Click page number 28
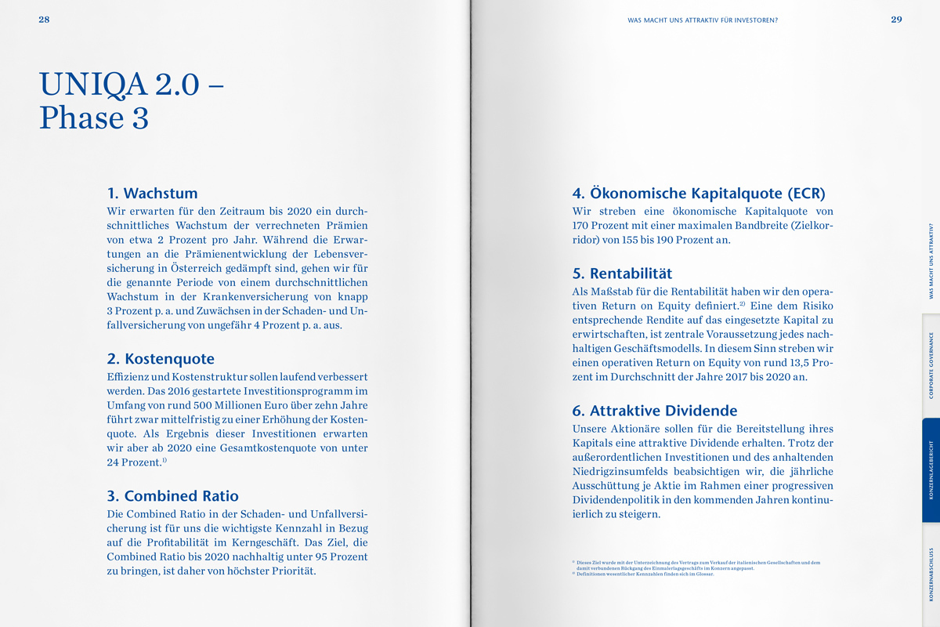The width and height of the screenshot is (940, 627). click(x=44, y=20)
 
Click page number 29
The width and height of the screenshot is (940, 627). click(x=896, y=20)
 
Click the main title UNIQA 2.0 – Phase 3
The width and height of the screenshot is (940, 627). click(x=132, y=100)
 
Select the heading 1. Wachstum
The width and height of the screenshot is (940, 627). click(x=152, y=193)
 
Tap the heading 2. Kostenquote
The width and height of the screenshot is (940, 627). click(x=161, y=359)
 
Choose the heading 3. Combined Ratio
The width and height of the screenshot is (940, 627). click(x=172, y=495)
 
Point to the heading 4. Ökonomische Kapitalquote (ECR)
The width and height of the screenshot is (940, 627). click(x=699, y=193)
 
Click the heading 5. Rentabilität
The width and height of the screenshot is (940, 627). click(x=622, y=274)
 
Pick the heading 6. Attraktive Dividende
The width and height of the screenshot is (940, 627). click(x=655, y=411)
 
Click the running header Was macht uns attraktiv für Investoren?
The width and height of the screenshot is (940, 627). click(x=703, y=20)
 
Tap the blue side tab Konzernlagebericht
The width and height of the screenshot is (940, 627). click(x=931, y=470)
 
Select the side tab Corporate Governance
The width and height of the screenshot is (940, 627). click(x=931, y=365)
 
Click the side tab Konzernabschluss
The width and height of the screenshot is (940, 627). click(x=931, y=574)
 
